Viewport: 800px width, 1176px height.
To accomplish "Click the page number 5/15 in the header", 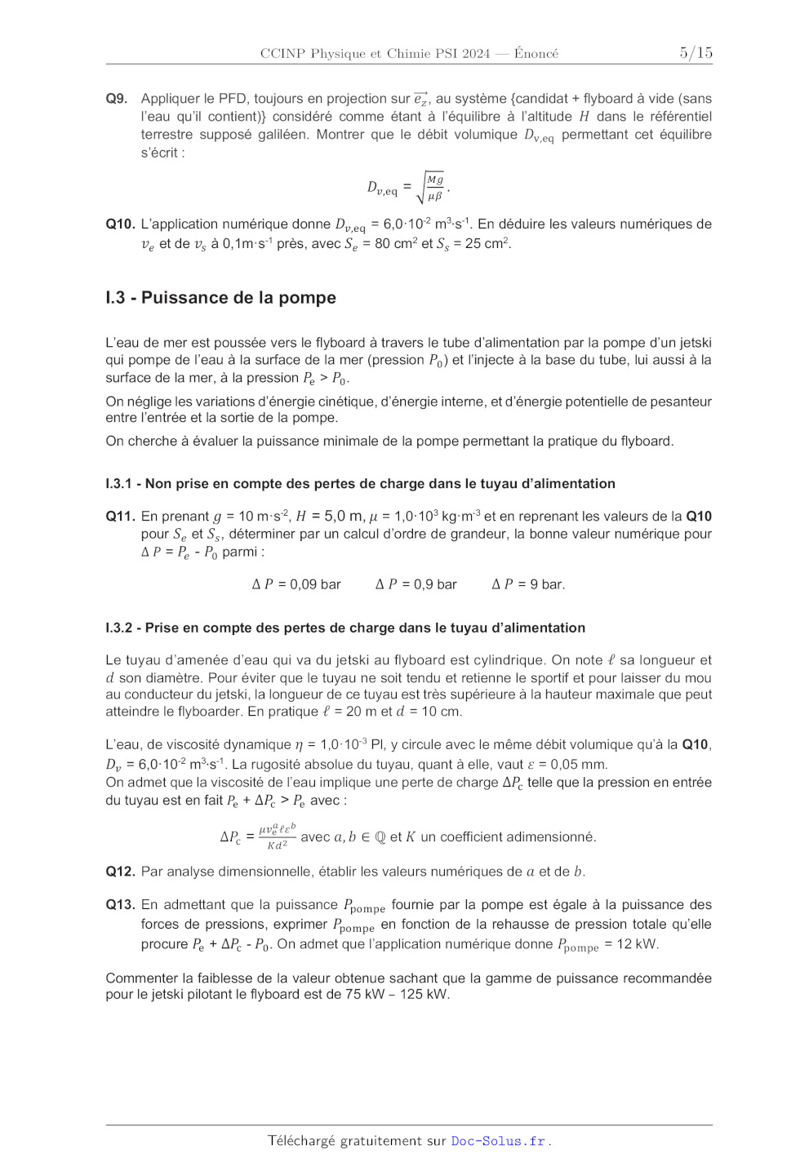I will click(696, 53).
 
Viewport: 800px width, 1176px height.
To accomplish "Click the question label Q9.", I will click(117, 99).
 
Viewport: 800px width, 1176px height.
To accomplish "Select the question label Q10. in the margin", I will click(120, 224).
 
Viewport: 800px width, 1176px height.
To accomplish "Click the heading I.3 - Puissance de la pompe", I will click(220, 298).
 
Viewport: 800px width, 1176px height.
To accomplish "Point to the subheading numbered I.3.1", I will click(360, 484).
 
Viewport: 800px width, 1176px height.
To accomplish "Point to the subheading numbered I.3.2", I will click(345, 628).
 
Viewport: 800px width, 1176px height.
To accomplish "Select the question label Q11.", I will click(120, 517).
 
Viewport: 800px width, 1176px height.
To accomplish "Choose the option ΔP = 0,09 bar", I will click(296, 584).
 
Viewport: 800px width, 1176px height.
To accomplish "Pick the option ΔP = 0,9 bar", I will click(416, 584).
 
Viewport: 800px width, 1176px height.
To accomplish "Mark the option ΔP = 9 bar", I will click(528, 584).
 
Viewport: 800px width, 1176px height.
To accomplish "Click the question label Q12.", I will click(120, 872).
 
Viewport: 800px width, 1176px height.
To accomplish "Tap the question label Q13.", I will click(120, 905).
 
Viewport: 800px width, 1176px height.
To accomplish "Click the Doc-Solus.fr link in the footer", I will click(498, 1141).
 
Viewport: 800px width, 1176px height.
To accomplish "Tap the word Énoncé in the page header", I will click(536, 54).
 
